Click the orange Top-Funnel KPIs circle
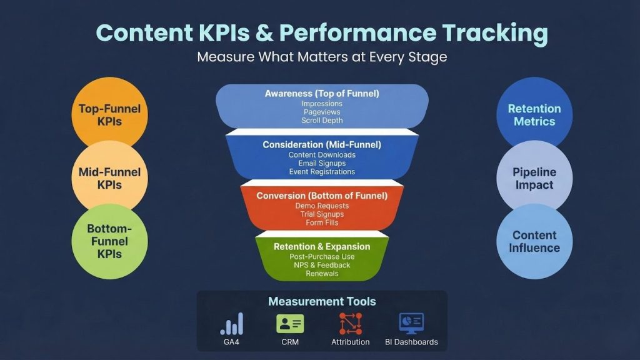110,115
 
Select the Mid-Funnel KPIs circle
110,178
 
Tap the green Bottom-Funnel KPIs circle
110,241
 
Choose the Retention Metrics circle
534,115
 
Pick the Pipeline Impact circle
534,178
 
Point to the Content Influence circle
534,241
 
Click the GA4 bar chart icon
231,324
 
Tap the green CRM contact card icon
290,324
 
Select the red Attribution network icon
350,324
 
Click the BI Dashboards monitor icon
411,324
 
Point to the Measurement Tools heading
322,301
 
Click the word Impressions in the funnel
322,104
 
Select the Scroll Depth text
322,120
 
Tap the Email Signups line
322,163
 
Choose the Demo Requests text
322,206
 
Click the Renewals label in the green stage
322,273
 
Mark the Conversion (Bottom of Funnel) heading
322,196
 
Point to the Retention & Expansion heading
322,246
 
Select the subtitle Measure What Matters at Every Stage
322,57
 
